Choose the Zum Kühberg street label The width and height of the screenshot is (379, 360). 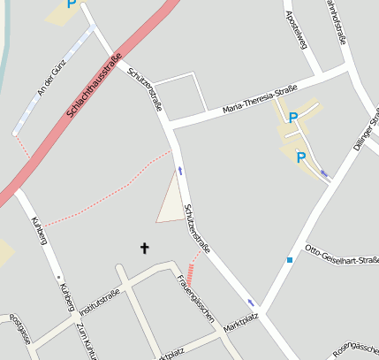pyautogui.click(x=87, y=341)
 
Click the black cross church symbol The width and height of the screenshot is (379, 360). pyautogui.click(x=145, y=249)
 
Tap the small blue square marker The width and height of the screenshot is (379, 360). pyautogui.click(x=289, y=260)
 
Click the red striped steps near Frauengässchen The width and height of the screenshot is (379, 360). pyautogui.click(x=191, y=270)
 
